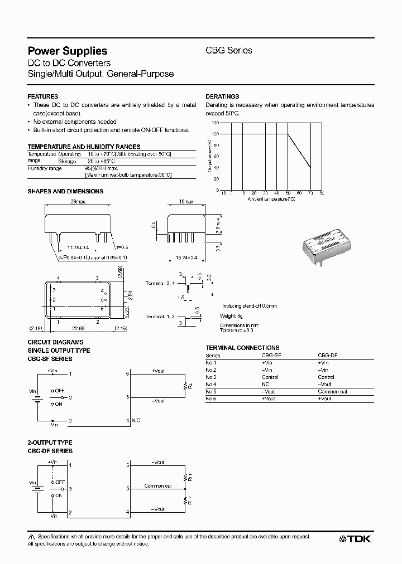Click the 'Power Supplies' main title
[x=67, y=51]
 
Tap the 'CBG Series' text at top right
[x=229, y=50]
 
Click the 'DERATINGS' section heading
[x=222, y=96]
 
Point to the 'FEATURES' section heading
[x=43, y=96]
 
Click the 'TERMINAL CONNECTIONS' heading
[x=242, y=348]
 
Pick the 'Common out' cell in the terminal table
[x=332, y=392]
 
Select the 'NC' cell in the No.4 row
[x=266, y=385]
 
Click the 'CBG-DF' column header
[x=328, y=355]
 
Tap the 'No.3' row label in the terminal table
[x=210, y=377]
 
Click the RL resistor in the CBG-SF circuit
[x=184, y=386]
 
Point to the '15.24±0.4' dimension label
[x=186, y=258]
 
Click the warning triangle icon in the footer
[x=31, y=536]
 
